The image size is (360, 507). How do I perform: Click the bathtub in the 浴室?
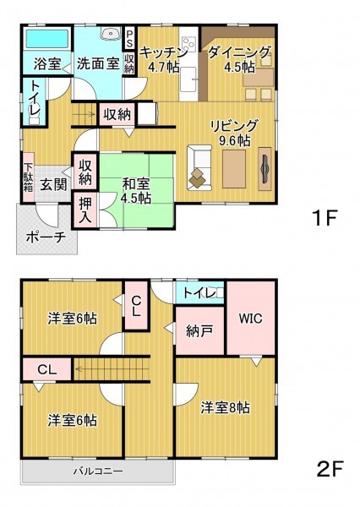tap(47, 40)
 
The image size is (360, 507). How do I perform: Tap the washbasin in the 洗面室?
tap(111, 33)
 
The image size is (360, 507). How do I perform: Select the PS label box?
tap(129, 38)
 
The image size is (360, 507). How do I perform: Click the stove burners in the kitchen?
tap(189, 44)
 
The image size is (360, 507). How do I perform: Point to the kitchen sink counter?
tap(188, 80)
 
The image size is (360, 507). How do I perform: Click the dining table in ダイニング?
tap(258, 78)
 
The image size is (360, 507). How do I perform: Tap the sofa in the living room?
tap(199, 168)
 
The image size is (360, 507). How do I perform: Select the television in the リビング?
tap(265, 169)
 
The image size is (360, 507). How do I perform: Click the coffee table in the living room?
tap(234, 169)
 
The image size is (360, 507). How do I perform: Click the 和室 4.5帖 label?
tap(136, 191)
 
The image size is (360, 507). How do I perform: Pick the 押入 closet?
tap(85, 210)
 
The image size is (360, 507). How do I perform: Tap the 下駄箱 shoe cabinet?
tap(29, 177)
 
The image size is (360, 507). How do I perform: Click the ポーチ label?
tap(46, 237)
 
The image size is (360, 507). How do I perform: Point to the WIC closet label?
tap(251, 319)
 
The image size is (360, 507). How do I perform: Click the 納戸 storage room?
tap(199, 330)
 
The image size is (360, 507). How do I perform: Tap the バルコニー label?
tap(98, 472)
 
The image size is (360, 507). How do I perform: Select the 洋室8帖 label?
tap(225, 408)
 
